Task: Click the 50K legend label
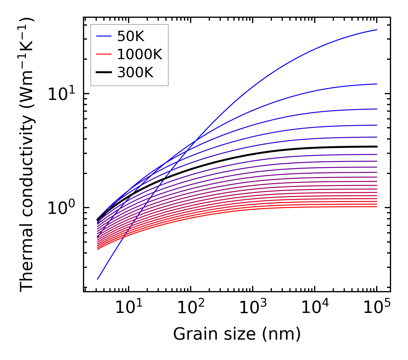click(131, 36)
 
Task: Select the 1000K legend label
click(140, 54)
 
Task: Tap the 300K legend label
click(135, 73)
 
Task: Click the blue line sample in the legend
click(103, 36)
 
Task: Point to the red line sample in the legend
click(103, 54)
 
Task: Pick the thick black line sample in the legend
click(103, 73)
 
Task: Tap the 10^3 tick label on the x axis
click(252, 308)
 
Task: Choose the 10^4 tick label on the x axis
click(315, 308)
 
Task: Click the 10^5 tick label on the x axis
click(377, 308)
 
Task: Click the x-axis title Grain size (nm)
click(237, 334)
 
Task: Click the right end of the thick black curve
click(376, 146)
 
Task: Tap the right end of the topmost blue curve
click(376, 30)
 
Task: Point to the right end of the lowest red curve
click(376, 207)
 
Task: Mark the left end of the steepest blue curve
click(98, 279)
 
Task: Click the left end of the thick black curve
click(98, 220)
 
